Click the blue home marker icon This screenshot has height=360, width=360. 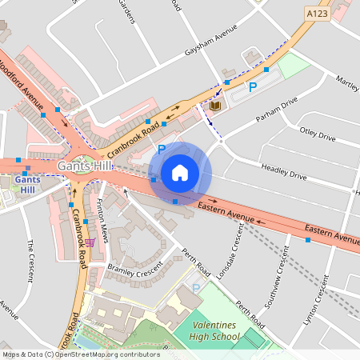pos(180,173)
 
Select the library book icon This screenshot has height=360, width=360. pos(214,106)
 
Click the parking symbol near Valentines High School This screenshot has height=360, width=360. pos(195,288)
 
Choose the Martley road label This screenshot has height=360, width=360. pos(347,82)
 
